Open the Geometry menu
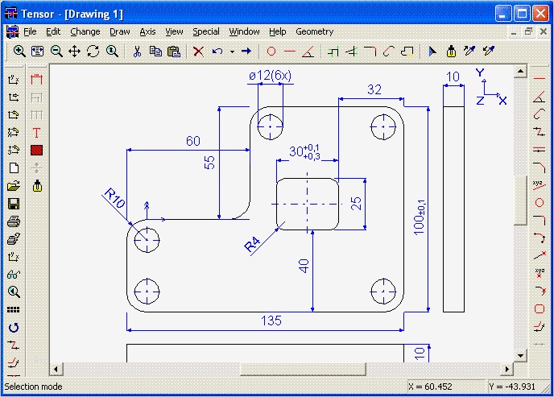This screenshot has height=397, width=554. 314,31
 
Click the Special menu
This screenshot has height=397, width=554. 205,31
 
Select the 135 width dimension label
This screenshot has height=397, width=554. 271,320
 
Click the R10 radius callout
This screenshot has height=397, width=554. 114,198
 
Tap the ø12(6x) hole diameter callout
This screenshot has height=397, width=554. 270,75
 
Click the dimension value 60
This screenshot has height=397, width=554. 193,141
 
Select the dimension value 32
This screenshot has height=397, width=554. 374,90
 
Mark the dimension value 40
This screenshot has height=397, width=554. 304,265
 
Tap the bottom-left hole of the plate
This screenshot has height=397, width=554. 147,290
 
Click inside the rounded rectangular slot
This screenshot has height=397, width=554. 307,205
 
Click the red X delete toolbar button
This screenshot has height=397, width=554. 198,51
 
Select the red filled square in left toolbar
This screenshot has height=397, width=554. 36,150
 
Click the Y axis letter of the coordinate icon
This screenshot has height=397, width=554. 480,72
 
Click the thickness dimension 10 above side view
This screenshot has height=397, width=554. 453,77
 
